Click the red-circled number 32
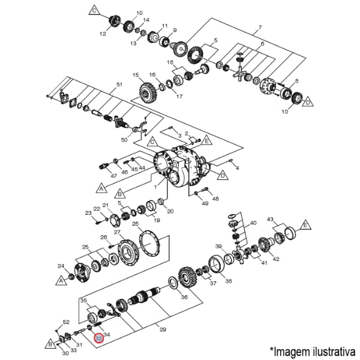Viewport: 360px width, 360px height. pos(100,338)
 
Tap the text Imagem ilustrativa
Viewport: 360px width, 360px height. pos(313,350)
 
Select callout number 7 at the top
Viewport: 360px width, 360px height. pos(260,29)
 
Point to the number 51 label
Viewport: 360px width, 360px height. pos(119,84)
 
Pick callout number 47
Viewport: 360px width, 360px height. pos(113,176)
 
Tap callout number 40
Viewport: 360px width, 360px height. pos(253,223)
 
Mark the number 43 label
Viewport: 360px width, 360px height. pos(271,219)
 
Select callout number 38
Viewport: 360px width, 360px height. pos(228,281)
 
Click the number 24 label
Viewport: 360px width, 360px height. pos(61,266)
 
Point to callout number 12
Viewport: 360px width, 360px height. pos(103,34)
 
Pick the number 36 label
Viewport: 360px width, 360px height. pos(184,297)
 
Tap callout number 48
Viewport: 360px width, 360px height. pos(215,199)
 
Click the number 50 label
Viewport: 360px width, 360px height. pos(124,140)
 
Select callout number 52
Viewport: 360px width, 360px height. pos(66,322)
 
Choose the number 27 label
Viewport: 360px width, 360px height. pos(118,232)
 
